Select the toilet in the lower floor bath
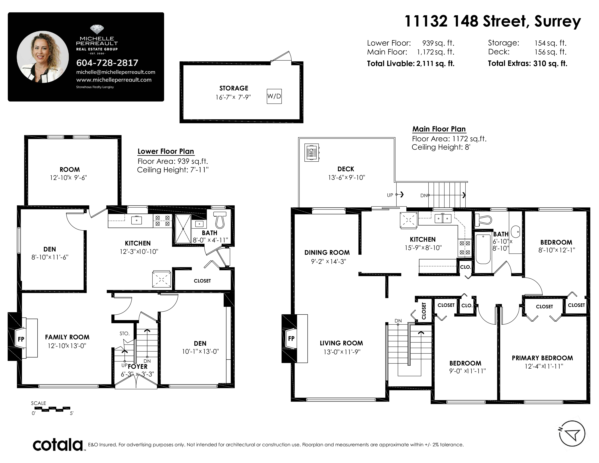[x=220, y=220]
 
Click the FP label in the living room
[x=291, y=338]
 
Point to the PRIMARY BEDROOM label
[x=542, y=358]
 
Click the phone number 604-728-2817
[x=107, y=63]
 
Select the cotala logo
[x=58, y=445]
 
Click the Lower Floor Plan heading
[x=166, y=151]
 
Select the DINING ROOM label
[x=327, y=253]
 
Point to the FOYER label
[x=138, y=366]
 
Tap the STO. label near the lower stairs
[x=125, y=334]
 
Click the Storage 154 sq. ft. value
[x=550, y=43]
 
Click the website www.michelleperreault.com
[x=114, y=80]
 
